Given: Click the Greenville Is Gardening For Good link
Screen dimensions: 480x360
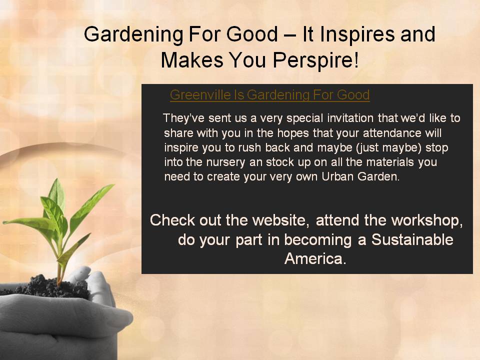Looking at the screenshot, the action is [x=269, y=95].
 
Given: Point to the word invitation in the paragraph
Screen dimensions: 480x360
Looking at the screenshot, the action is [x=350, y=118].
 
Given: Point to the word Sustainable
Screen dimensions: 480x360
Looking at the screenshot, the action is [x=412, y=239].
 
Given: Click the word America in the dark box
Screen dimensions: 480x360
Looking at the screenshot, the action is [x=315, y=258].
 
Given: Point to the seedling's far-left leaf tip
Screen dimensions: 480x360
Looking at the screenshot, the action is [x=3, y=222].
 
